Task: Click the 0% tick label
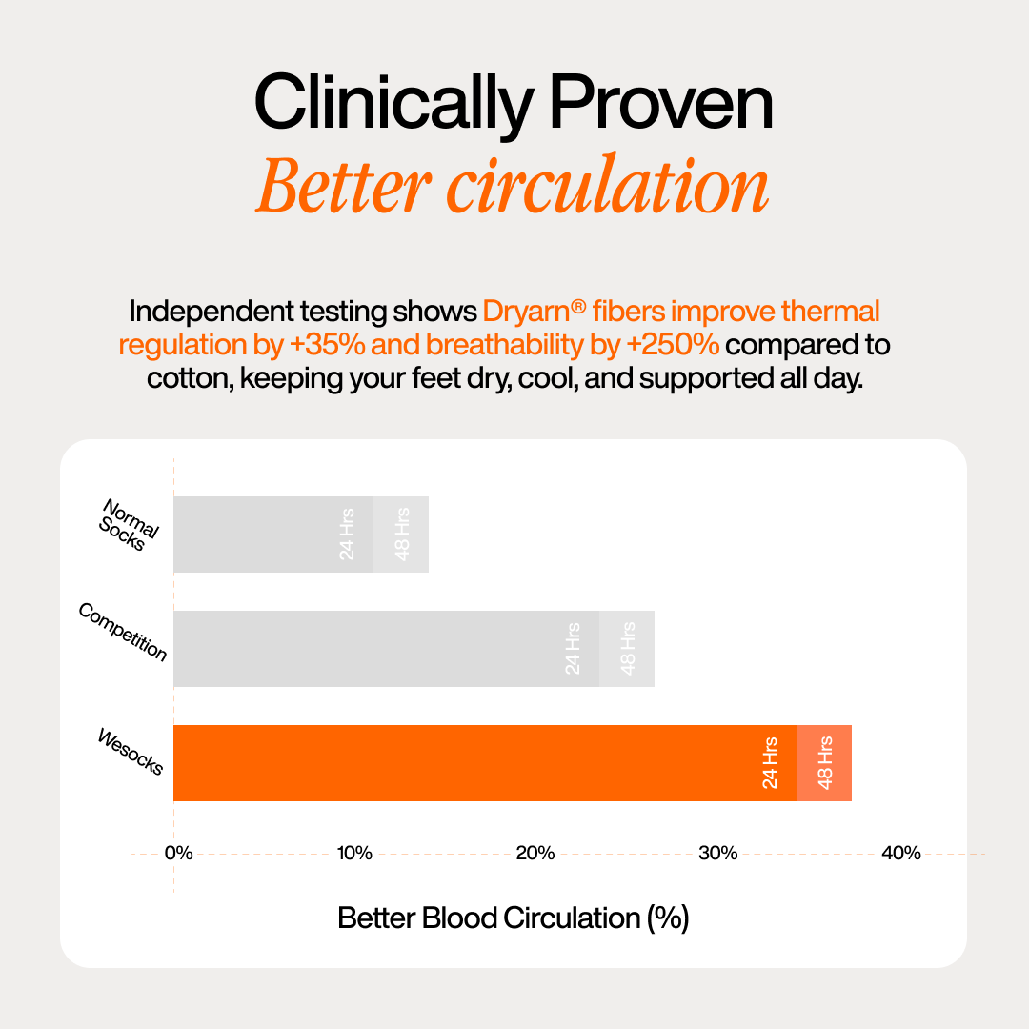(178, 853)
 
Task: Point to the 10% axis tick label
(354, 853)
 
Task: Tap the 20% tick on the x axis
(535, 853)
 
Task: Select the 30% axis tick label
(717, 853)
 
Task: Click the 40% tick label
(900, 853)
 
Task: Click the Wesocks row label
(131, 751)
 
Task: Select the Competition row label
(123, 632)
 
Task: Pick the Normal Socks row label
(130, 525)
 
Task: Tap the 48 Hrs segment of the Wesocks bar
(824, 762)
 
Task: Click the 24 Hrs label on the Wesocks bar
(770, 762)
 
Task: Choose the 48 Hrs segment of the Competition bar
(627, 649)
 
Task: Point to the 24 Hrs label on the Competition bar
(573, 649)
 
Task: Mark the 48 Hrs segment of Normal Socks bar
(401, 535)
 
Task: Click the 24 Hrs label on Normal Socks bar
(347, 535)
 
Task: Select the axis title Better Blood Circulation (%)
(513, 918)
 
